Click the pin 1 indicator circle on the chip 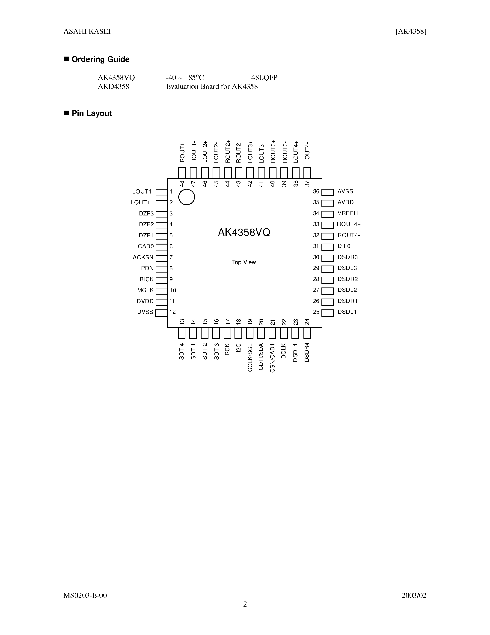(186, 197)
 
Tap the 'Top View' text (244, 262)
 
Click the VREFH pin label (347, 213)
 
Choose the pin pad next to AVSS (328, 192)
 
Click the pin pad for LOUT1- (161, 192)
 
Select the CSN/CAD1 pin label (272, 358)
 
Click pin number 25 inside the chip (316, 312)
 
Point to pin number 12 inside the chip (173, 312)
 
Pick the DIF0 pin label (344, 246)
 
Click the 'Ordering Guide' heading (101, 59)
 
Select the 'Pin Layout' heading (92, 113)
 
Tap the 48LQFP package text (264, 78)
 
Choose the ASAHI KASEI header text (87, 31)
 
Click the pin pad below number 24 (307, 333)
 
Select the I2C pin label (239, 348)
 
